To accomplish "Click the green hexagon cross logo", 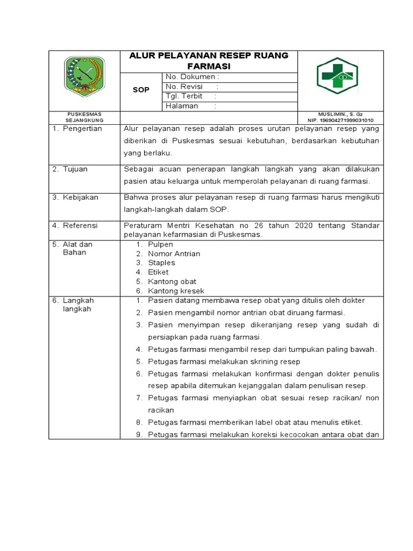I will point(337,76).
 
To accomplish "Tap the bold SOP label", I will point(141,90).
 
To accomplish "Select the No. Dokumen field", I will point(192,77).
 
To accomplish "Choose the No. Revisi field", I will point(192,87).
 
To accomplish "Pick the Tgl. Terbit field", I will point(191,96).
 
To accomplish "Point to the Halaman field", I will point(191,106).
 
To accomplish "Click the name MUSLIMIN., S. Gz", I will point(340,115).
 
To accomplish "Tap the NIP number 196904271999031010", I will point(340,121).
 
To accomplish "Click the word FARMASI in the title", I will point(209,66).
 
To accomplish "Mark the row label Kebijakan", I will point(81,197).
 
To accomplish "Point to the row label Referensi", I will point(81,225).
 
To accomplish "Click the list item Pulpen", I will point(160,244).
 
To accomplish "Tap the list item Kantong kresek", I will point(176,291).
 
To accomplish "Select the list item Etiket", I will point(158,272).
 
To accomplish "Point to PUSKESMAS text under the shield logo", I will point(84,115).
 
